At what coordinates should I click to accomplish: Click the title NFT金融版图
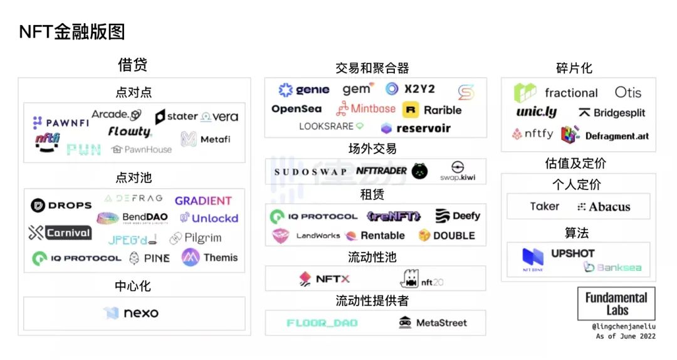click(72, 31)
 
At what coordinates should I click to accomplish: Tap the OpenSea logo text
click(297, 109)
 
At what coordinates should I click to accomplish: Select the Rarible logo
click(432, 110)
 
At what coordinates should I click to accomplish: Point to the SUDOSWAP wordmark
click(310, 171)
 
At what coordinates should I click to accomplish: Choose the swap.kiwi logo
click(458, 171)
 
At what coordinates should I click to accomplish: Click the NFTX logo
click(325, 279)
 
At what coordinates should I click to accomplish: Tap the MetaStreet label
click(433, 322)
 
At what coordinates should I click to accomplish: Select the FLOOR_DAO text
click(322, 323)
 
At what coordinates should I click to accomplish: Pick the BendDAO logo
click(132, 218)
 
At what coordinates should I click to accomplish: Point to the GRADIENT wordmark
click(203, 201)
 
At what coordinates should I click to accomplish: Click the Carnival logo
click(60, 233)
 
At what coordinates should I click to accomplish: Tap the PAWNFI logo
click(61, 123)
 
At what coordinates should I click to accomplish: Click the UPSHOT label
click(572, 253)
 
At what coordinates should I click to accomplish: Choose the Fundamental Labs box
click(616, 304)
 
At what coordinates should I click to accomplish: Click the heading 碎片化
click(574, 68)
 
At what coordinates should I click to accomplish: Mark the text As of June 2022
click(626, 336)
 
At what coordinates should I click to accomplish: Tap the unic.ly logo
click(536, 112)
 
